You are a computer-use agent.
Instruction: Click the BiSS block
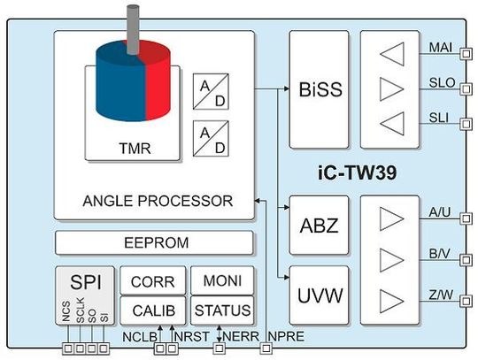(320, 89)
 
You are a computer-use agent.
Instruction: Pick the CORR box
(152, 282)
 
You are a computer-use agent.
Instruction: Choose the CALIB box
(152, 310)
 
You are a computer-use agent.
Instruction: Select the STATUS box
(222, 310)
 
